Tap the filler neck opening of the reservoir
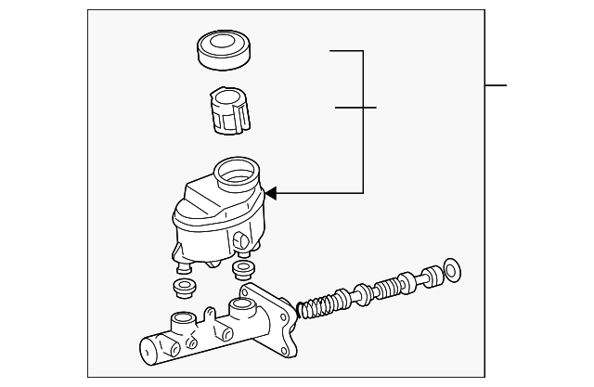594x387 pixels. [x=235, y=173]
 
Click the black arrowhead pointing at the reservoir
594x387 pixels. [x=270, y=193]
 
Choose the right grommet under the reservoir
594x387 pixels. [x=243, y=269]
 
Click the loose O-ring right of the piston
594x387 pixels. [x=453, y=270]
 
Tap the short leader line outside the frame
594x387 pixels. [x=496, y=85]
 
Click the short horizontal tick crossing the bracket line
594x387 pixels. [x=355, y=108]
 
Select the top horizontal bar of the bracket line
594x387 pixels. [x=345, y=51]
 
